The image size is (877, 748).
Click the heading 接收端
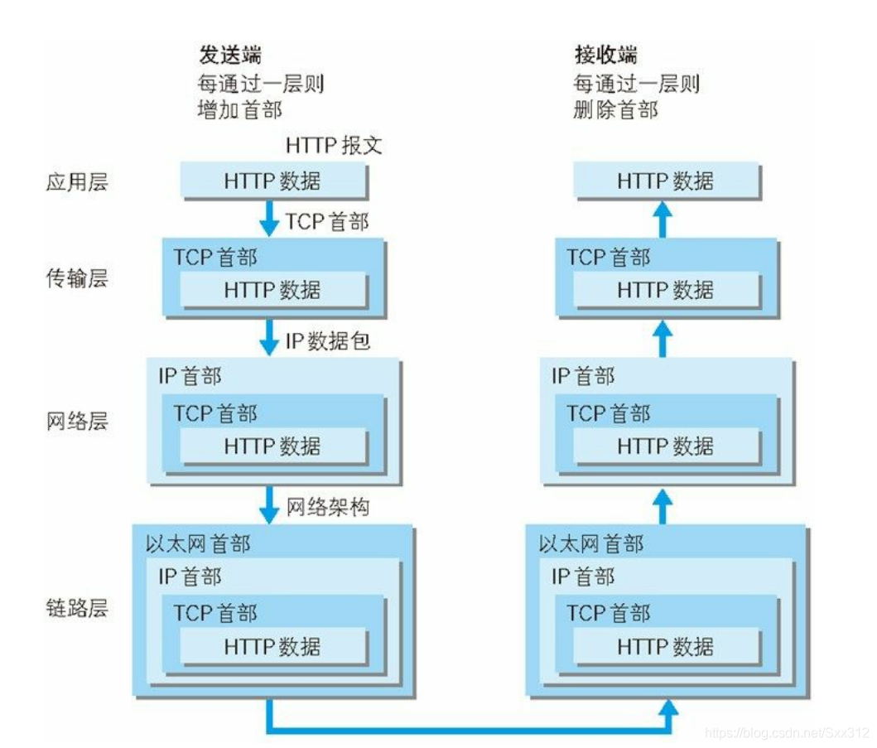[607, 55]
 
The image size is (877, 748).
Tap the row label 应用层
[76, 182]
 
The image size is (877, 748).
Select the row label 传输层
[76, 278]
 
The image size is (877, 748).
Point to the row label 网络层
[76, 422]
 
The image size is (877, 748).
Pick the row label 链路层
[76, 609]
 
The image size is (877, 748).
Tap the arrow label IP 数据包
[328, 340]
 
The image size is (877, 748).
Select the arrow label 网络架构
[328, 507]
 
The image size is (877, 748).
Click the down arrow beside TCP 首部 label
[269, 220]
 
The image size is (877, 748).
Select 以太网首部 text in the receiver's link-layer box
[590, 544]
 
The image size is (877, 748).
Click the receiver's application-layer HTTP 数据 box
[667, 181]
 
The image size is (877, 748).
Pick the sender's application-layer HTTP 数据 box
[272, 181]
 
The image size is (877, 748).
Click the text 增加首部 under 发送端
[240, 110]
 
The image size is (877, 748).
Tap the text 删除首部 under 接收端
[615, 110]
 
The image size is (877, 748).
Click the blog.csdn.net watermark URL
[787, 733]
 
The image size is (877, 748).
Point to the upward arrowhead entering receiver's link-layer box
[667, 706]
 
